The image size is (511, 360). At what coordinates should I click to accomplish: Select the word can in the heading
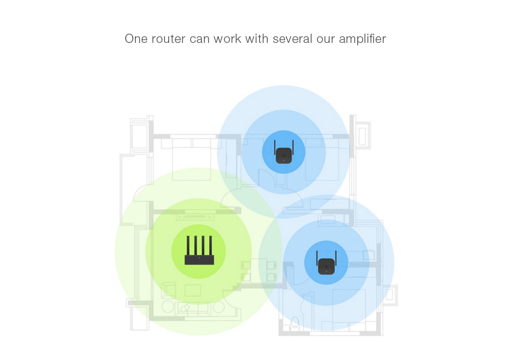[x=199, y=39]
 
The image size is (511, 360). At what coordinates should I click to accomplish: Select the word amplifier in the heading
[x=362, y=39]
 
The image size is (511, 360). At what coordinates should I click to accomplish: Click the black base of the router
[x=199, y=260]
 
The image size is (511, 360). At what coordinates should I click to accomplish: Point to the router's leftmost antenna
[x=188, y=246]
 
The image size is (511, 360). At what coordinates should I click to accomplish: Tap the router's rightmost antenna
[x=211, y=246]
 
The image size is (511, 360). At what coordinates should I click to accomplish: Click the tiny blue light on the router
[x=199, y=258]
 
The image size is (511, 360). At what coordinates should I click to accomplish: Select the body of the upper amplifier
[x=284, y=155]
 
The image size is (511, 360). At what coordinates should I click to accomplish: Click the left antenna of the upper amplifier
[x=275, y=148]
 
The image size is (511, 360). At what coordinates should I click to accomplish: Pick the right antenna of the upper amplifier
[x=293, y=148]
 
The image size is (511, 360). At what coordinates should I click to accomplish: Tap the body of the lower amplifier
[x=326, y=266]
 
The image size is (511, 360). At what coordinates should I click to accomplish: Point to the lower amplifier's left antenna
[x=317, y=258]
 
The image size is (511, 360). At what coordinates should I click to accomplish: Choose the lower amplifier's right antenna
[x=336, y=258]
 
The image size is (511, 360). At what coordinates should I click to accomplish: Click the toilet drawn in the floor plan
[x=295, y=322]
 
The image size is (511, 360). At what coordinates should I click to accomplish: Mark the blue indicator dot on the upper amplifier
[x=284, y=160]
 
